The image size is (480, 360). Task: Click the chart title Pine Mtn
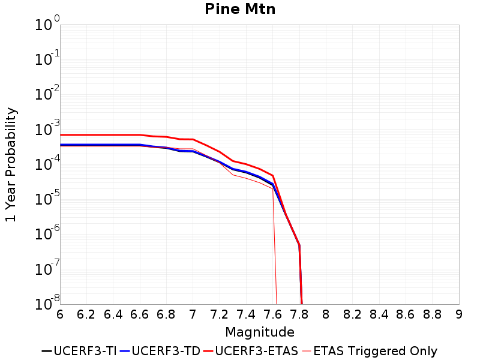pos(240,9)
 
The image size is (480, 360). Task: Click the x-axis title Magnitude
pos(260,332)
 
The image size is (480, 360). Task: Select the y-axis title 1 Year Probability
pos(11,165)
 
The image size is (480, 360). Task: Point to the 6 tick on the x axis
pos(60,314)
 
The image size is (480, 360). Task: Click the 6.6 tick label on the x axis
pos(140,314)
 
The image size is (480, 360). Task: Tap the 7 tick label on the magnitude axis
pos(193,314)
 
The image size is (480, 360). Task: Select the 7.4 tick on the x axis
pos(246,314)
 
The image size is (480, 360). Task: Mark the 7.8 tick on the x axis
pos(299,314)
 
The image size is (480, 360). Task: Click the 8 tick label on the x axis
pos(326,314)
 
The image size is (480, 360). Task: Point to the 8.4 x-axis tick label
pos(379,314)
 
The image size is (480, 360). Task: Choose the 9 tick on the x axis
pos(459,314)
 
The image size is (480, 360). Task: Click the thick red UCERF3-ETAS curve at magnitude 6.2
pos(87,135)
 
